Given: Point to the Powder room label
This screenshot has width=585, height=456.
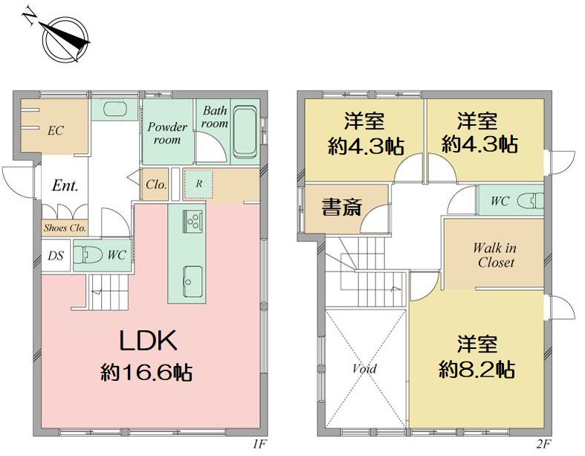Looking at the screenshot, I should pos(167,133).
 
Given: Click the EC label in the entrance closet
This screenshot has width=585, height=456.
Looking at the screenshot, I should pos(55,131).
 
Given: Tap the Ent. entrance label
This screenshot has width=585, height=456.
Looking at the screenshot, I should pos(65,186).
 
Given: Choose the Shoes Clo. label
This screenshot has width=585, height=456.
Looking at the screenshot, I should pos(65,228).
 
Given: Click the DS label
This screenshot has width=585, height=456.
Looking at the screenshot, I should pos(55,255).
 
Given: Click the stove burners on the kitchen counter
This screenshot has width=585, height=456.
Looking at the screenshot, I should pos(195,222).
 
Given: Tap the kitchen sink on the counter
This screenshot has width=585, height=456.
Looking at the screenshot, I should pos(191,280).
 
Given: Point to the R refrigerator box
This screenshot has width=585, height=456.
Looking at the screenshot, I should pos(198,184).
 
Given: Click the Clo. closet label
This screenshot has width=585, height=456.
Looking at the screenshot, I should pos(155,184).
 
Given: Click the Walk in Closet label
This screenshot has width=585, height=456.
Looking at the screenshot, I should pos(496,255).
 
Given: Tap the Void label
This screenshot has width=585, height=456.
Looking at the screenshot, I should pos(364,368).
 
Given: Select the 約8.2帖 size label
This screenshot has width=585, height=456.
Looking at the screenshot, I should pos(477,369).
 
